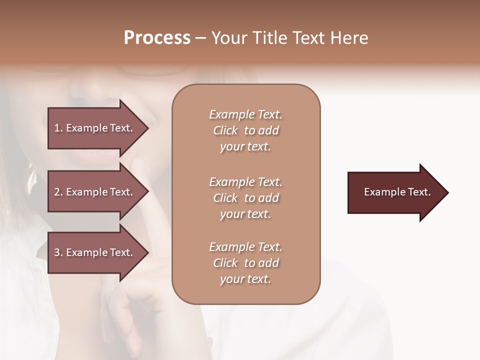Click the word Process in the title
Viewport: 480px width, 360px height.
click(x=157, y=38)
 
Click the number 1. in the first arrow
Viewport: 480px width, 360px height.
click(x=58, y=128)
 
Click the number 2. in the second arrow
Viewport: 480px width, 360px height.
click(x=58, y=192)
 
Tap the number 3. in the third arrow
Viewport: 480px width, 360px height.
click(x=58, y=252)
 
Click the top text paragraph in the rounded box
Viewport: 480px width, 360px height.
click(x=246, y=130)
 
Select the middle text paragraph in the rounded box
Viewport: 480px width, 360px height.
click(x=246, y=198)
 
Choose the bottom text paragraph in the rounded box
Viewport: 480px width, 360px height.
click(x=246, y=263)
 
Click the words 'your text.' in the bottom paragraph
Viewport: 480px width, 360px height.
click(x=245, y=279)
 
